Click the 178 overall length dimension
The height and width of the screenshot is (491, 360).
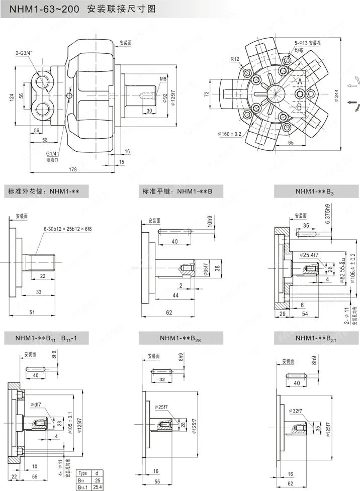click(x=72, y=170)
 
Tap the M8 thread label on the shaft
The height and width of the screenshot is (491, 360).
click(x=163, y=79)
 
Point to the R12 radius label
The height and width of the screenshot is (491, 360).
click(x=235, y=59)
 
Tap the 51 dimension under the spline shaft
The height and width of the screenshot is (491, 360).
click(x=32, y=313)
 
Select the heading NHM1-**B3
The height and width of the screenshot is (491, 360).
click(x=315, y=191)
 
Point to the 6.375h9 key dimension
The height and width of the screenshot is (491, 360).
click(x=328, y=215)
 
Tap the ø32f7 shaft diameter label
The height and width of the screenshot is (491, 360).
click(x=296, y=411)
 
